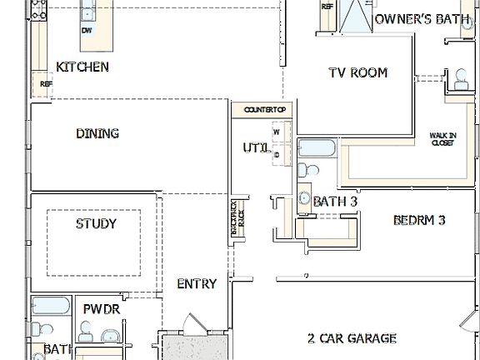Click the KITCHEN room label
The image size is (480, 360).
(x=82, y=67)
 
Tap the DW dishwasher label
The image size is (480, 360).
(x=87, y=31)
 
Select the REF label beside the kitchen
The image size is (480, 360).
(x=46, y=84)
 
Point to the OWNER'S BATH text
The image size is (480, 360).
(x=427, y=18)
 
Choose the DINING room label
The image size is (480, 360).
(x=97, y=133)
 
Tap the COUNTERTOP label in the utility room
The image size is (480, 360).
(x=265, y=110)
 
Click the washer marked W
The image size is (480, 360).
(x=276, y=132)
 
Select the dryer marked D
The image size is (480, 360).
(x=276, y=154)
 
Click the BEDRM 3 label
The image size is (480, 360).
(x=419, y=221)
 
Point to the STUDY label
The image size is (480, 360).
(x=96, y=223)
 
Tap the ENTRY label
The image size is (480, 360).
(x=197, y=283)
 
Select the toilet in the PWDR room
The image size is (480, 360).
(x=86, y=331)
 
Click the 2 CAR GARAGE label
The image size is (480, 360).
(x=351, y=338)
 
